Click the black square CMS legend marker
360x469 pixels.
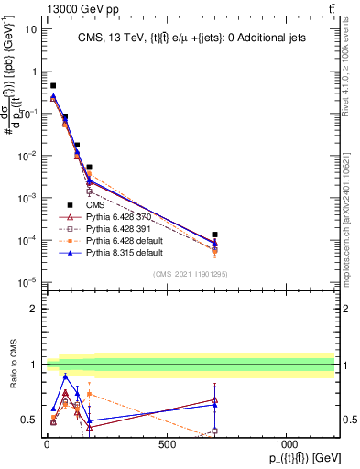pos(71,205)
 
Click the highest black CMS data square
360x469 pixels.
pos(53,85)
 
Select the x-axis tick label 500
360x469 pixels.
pos(167,444)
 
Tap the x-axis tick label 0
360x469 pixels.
pos(47,444)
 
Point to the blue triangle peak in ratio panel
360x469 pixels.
pos(65,376)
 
